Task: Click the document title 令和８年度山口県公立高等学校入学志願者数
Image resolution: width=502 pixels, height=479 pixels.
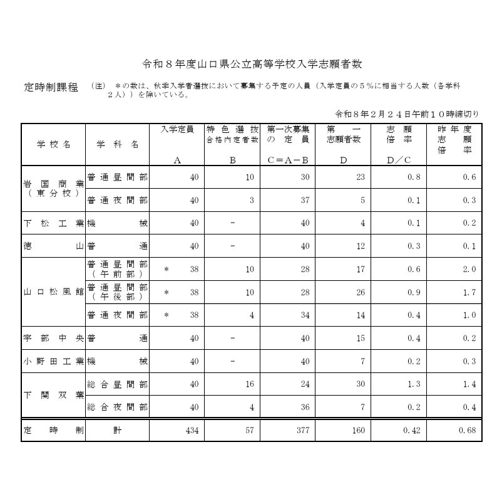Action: (252, 64)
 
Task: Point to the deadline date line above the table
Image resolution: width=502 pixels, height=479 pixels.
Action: (407, 114)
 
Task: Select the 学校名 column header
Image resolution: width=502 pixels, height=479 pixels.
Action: (53, 144)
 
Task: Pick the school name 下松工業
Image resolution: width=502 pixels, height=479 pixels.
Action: (53, 223)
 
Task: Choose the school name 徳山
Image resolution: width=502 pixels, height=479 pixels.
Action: (53, 246)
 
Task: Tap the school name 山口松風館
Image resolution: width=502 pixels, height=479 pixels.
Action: (53, 292)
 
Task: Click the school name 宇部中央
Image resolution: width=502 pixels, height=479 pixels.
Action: (53, 339)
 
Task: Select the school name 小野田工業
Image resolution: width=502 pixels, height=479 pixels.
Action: (53, 362)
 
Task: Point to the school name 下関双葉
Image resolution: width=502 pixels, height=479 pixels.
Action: (53, 396)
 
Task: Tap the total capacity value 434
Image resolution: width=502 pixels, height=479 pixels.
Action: (190, 431)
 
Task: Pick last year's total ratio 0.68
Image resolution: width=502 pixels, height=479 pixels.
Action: (467, 431)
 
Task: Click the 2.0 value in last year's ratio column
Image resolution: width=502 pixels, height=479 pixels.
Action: (469, 269)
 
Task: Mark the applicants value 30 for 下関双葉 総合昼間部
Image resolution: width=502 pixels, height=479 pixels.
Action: (360, 384)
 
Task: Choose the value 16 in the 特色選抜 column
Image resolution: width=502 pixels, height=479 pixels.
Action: (249, 384)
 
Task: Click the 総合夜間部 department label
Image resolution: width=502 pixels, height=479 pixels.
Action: (117, 408)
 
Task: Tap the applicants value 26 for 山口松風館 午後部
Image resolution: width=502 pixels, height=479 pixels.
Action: (360, 292)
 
